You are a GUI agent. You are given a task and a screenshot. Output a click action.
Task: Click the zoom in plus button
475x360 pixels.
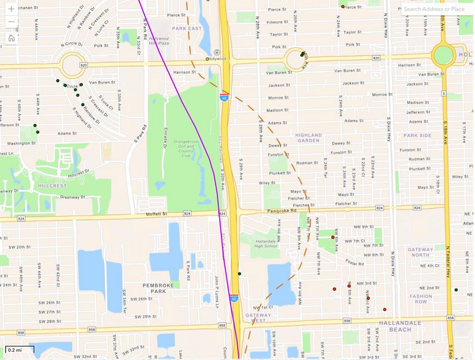tap(11, 9)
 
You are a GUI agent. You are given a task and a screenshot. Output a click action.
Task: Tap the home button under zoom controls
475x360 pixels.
tap(11, 38)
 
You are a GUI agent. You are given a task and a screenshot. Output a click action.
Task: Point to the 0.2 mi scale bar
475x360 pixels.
tap(20, 350)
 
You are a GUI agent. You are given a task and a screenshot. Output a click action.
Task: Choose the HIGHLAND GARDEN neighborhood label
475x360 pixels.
tap(309, 138)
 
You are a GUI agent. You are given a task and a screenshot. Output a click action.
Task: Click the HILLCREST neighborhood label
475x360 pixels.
tap(52, 185)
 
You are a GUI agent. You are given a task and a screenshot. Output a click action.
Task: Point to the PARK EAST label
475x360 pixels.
tap(187, 28)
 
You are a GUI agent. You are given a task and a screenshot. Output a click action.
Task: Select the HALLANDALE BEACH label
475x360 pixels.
tap(393, 326)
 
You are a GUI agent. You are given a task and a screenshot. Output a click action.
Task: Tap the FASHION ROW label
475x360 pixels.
tap(421, 299)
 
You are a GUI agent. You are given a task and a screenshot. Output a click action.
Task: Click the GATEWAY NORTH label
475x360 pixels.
tap(420, 252)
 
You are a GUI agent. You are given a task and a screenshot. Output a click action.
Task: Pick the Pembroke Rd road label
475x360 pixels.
tap(286, 210)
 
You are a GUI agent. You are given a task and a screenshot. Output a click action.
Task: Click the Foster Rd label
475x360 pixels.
tap(356, 263)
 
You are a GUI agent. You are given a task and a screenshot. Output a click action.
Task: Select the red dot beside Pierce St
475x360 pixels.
tap(343, 6)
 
